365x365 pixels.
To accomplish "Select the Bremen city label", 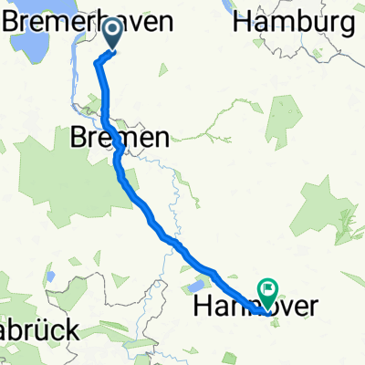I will [119, 139].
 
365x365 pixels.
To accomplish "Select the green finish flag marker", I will [269, 291].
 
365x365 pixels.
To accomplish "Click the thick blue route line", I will [155, 224].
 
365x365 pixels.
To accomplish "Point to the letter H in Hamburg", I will [242, 23].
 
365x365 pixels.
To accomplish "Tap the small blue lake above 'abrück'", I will [51, 275].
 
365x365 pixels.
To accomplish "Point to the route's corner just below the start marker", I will [98, 62].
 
